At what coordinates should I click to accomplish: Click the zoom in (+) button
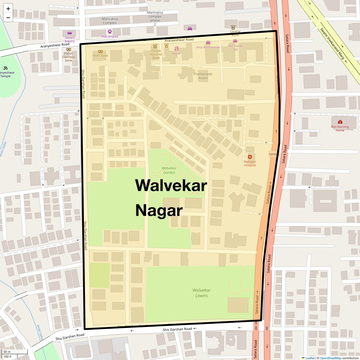(x=8, y=8)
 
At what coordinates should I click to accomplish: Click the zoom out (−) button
(x=8, y=17)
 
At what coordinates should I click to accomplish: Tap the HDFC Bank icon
(x=100, y=51)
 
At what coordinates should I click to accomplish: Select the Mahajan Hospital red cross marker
(x=250, y=157)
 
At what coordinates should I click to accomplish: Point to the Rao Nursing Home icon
(x=340, y=122)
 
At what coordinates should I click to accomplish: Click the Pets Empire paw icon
(x=110, y=31)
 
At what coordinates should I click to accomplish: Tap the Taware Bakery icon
(x=70, y=33)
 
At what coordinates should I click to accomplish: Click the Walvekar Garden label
(x=169, y=170)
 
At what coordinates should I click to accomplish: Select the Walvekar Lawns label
(x=202, y=293)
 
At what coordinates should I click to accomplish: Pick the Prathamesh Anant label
(x=203, y=76)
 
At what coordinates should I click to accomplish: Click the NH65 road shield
(x=274, y=154)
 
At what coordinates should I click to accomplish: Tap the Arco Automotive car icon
(x=208, y=43)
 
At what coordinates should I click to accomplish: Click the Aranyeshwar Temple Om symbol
(x=5, y=68)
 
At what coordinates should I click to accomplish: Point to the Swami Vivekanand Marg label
(x=332, y=44)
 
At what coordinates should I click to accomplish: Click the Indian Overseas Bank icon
(x=69, y=49)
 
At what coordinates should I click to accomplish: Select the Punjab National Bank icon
(x=155, y=46)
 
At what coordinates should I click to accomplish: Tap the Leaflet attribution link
(x=310, y=358)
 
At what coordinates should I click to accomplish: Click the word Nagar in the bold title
(x=159, y=211)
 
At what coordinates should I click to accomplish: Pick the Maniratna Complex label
(x=110, y=21)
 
